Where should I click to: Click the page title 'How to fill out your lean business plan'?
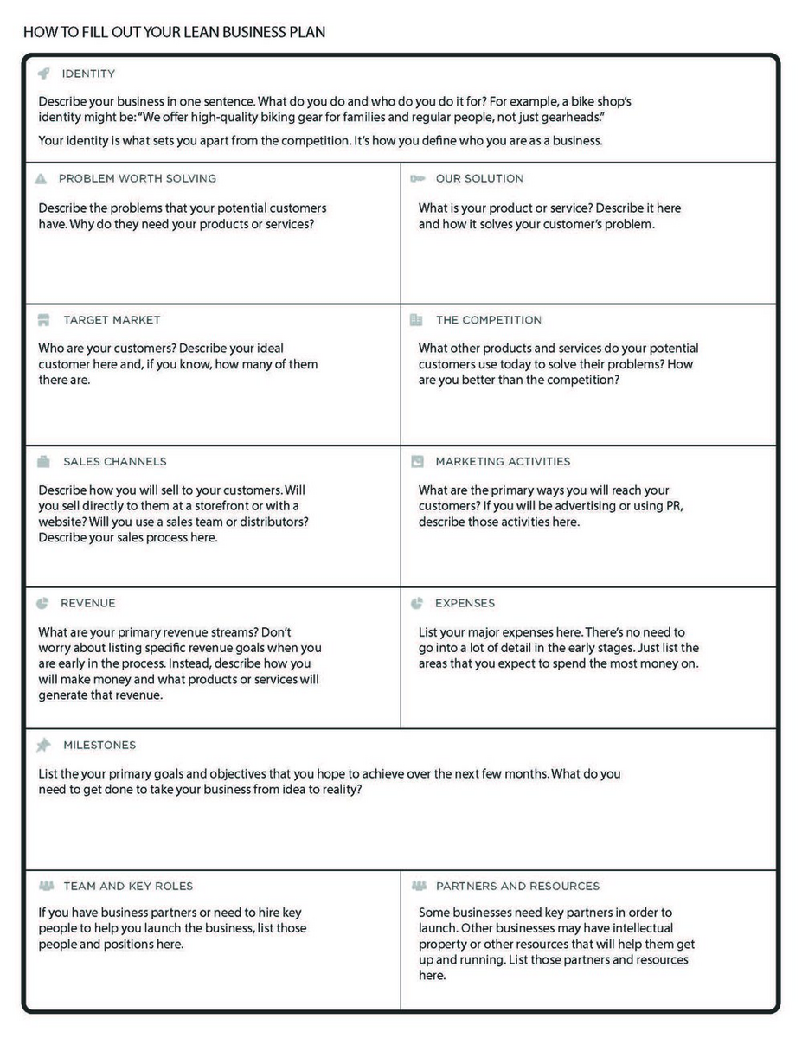pyautogui.click(x=175, y=33)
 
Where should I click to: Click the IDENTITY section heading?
pyautogui.click(x=88, y=74)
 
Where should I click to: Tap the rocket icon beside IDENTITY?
pyautogui.click(x=44, y=74)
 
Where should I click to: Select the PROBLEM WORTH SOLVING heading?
pyautogui.click(x=138, y=178)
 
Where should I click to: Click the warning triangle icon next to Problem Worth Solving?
pyautogui.click(x=41, y=178)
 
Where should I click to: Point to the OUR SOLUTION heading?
pyautogui.click(x=479, y=178)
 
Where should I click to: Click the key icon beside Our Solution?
pyautogui.click(x=417, y=178)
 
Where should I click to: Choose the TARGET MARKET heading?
pyautogui.click(x=112, y=320)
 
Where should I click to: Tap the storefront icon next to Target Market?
pyautogui.click(x=43, y=320)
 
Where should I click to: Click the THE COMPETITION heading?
pyautogui.click(x=489, y=320)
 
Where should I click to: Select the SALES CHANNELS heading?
pyautogui.click(x=115, y=461)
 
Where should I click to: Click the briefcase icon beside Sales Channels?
pyautogui.click(x=43, y=461)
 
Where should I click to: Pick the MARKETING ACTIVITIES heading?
pyautogui.click(x=503, y=461)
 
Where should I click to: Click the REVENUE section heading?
pyautogui.click(x=88, y=603)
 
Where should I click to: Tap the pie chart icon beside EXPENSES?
pyautogui.click(x=416, y=603)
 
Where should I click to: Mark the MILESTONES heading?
pyautogui.click(x=99, y=745)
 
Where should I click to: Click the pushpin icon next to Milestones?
pyautogui.click(x=43, y=745)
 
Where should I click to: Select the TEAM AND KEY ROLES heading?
pyautogui.click(x=128, y=886)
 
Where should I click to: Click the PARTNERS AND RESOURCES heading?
pyautogui.click(x=517, y=886)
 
